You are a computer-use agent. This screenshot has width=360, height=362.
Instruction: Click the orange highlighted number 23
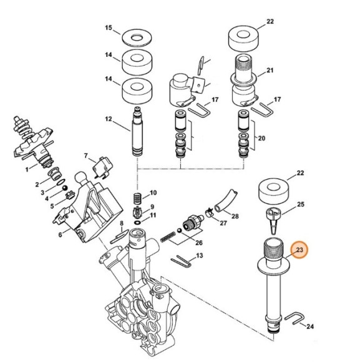[299, 250]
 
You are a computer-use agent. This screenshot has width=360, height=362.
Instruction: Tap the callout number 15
[109, 27]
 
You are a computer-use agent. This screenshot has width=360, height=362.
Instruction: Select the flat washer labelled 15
[137, 37]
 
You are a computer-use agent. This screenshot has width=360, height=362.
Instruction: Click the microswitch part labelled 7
[102, 168]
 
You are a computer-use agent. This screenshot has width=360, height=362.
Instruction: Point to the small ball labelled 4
[65, 187]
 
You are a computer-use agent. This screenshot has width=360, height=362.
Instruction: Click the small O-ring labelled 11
[137, 222]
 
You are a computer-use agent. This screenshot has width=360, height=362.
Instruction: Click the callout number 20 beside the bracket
[261, 139]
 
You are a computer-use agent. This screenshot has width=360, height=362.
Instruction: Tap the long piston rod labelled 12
[137, 131]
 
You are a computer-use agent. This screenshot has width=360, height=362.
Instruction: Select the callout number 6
[61, 235]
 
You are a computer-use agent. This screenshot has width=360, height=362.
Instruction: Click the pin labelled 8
[119, 237]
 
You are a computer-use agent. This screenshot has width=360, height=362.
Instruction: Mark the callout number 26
[199, 243]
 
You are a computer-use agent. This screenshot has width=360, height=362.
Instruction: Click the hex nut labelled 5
[69, 195]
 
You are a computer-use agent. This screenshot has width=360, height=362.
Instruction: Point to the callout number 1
[27, 170]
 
